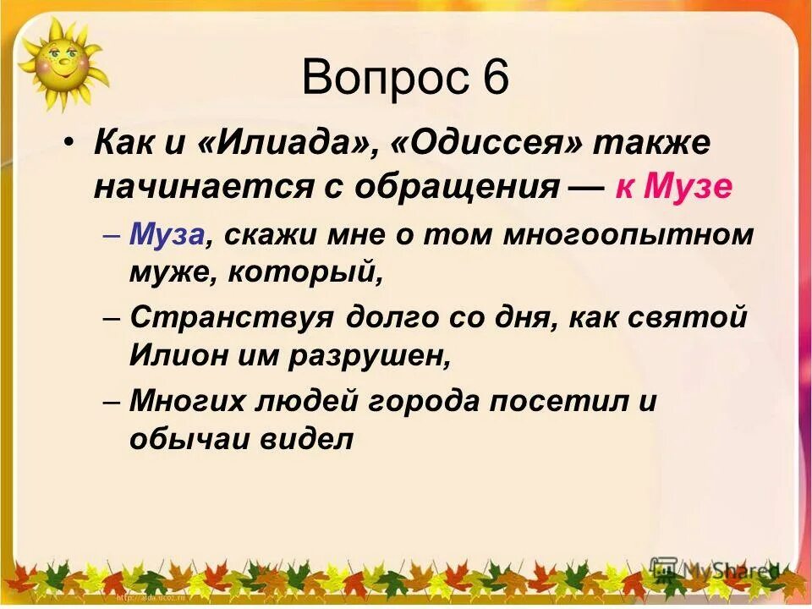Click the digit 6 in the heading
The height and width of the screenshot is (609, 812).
tap(495, 79)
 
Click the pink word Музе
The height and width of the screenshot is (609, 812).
tap(688, 187)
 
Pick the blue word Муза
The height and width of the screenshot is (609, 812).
tap(167, 234)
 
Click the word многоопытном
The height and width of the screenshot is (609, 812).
tap(628, 234)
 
